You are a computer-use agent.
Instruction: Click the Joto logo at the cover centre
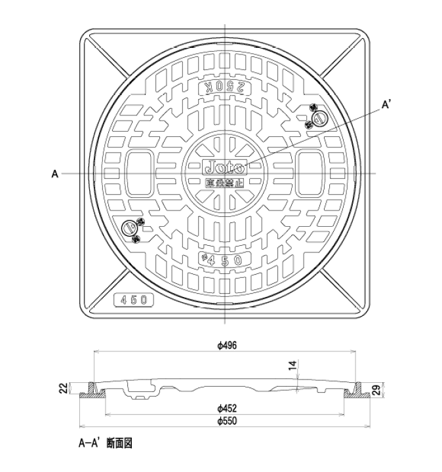[226, 165]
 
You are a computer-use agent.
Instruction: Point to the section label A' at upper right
[388, 104]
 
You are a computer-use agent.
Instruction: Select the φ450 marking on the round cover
[224, 259]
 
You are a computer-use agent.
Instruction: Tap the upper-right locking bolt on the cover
[318, 118]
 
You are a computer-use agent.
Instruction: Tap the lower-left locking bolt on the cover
[132, 229]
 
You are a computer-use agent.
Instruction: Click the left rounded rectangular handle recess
[140, 173]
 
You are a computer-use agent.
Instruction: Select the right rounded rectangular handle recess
[310, 173]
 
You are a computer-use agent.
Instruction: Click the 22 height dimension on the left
[63, 389]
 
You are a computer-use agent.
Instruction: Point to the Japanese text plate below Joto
[226, 184]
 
